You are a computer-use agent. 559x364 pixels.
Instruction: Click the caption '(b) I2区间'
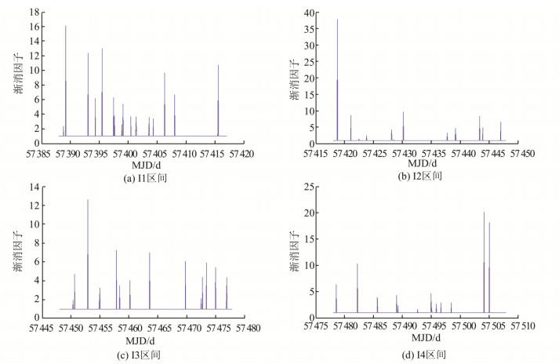pos(420,176)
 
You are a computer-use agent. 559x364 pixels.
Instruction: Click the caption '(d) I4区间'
pos(420,355)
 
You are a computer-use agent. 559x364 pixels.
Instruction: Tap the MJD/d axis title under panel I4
pos(420,341)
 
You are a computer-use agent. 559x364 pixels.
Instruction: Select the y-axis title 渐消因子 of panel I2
pos(293,78)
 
